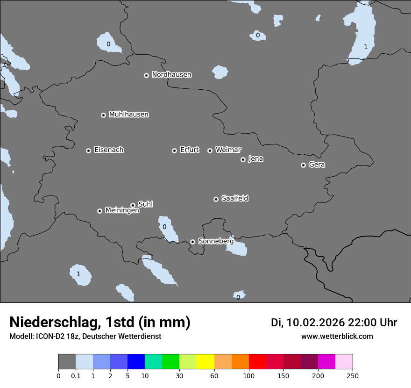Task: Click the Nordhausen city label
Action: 171,75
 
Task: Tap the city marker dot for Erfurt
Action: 174,151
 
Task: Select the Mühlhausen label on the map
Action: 128,115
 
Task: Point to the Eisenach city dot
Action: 88,151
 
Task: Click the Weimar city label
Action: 228,150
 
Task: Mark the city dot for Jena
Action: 243,159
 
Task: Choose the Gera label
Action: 317,165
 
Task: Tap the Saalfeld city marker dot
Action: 216,199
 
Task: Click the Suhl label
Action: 145,204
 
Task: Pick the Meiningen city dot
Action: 99,211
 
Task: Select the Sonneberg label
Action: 216,241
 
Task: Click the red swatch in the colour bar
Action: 257,362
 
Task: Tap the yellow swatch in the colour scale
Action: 205,362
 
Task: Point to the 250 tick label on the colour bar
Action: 353,375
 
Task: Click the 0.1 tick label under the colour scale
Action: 76,375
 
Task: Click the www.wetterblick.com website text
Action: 337,337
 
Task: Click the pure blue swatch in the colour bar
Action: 136,362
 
